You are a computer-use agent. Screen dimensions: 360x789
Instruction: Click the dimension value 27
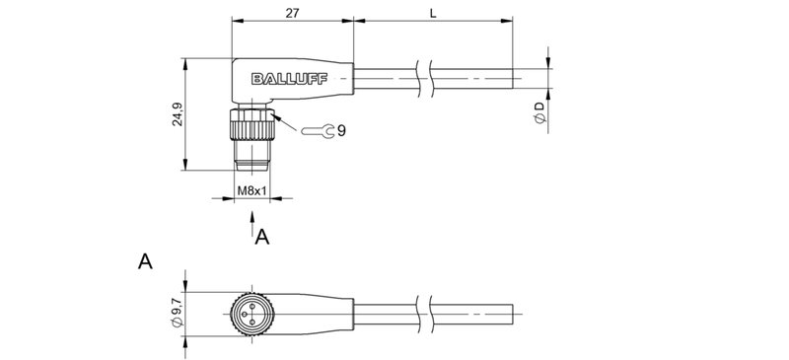point(291,12)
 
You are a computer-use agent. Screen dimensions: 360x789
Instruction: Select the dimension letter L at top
point(433,12)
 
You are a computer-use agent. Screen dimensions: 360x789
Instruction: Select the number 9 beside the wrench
point(340,129)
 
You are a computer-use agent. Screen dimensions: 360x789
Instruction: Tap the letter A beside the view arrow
point(262,237)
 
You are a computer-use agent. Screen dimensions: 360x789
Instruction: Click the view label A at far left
point(145,262)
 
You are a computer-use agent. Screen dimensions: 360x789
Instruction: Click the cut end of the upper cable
point(513,80)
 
